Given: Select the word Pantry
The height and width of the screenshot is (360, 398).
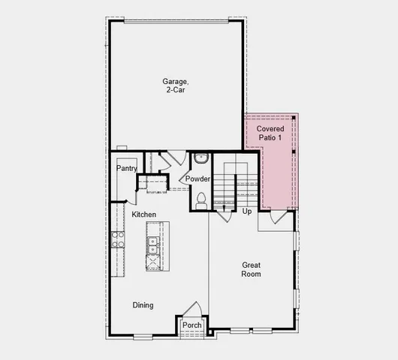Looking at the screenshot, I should [126, 169].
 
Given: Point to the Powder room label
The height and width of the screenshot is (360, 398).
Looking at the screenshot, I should [197, 179].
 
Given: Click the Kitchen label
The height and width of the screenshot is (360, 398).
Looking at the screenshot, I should [143, 215].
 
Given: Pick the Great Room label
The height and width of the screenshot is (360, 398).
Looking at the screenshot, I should [251, 269].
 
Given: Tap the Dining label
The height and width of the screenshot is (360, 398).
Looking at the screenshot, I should [143, 305].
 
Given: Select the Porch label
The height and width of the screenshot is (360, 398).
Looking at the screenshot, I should [191, 325].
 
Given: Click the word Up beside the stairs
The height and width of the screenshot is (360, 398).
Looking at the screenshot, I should [247, 211].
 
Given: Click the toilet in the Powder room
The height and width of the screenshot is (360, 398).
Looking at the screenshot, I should [201, 200].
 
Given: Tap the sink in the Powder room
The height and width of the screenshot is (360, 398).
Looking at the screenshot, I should [201, 159].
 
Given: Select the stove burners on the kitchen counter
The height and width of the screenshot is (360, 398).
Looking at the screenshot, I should [118, 239].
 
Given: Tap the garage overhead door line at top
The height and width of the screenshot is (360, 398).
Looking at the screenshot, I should [176, 22].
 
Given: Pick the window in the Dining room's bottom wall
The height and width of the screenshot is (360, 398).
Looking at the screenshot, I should [143, 336].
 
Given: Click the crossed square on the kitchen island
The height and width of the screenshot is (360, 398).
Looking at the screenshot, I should [152, 262].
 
